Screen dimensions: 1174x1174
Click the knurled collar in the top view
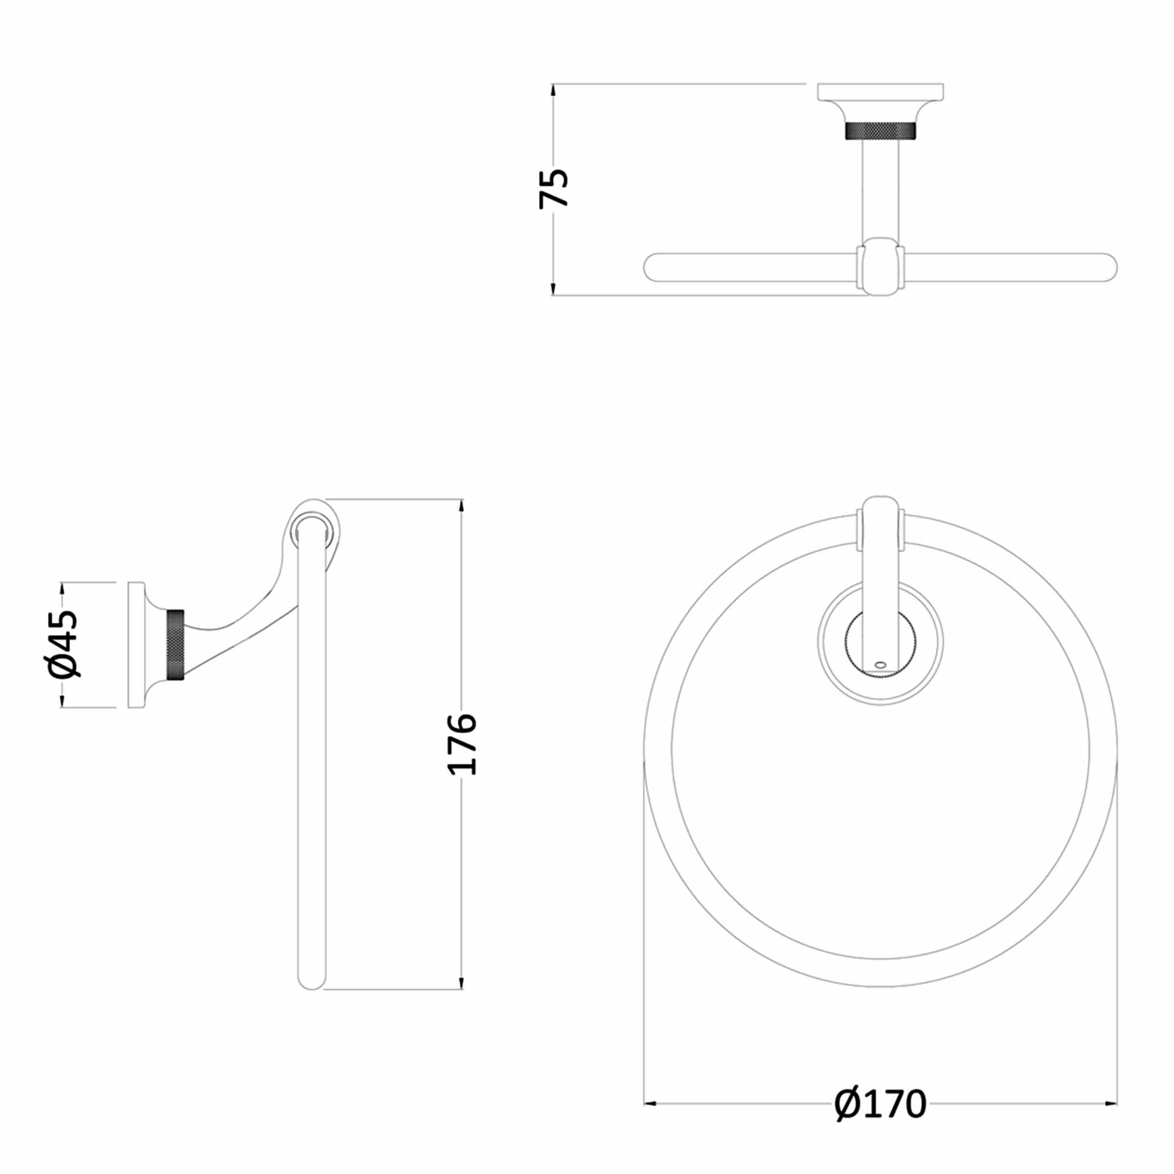[x=880, y=131]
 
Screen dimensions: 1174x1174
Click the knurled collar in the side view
[x=176, y=645]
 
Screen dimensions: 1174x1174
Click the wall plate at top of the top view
[x=880, y=91]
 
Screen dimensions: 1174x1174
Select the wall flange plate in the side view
[x=136, y=645]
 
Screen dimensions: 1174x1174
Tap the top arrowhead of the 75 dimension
[x=552, y=89]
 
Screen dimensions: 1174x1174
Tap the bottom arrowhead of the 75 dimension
[x=552, y=289]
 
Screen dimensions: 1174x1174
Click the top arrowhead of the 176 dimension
[x=462, y=505]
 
